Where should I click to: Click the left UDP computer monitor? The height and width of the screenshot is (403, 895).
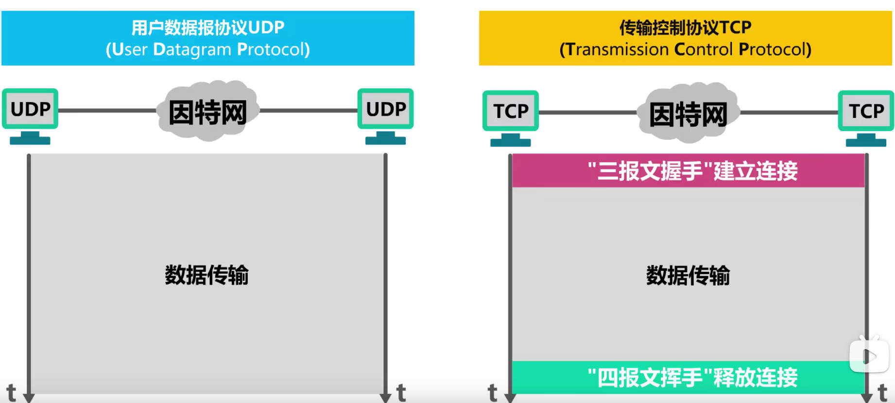(30, 109)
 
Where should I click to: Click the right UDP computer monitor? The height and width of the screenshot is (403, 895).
(385, 109)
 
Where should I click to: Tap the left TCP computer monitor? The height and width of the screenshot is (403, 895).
(510, 111)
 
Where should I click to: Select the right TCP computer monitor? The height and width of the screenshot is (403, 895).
(866, 111)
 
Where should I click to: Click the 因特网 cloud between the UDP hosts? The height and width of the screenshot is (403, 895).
(208, 112)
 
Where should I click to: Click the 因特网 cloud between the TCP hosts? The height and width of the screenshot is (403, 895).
(688, 114)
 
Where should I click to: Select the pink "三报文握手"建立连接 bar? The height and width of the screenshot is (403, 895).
(688, 171)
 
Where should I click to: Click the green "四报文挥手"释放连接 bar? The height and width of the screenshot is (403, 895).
(688, 377)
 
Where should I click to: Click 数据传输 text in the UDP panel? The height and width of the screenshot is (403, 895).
(207, 275)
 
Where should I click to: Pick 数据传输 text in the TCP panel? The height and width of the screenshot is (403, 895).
(688, 275)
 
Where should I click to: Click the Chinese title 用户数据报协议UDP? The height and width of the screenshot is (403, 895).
(207, 28)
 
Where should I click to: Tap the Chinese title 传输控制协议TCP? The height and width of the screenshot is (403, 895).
(685, 28)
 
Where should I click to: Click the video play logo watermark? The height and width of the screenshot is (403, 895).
(869, 356)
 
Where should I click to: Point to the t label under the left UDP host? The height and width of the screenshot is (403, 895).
(11, 392)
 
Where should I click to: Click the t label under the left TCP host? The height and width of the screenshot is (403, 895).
(492, 392)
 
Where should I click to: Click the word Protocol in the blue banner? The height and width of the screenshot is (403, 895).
(273, 50)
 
